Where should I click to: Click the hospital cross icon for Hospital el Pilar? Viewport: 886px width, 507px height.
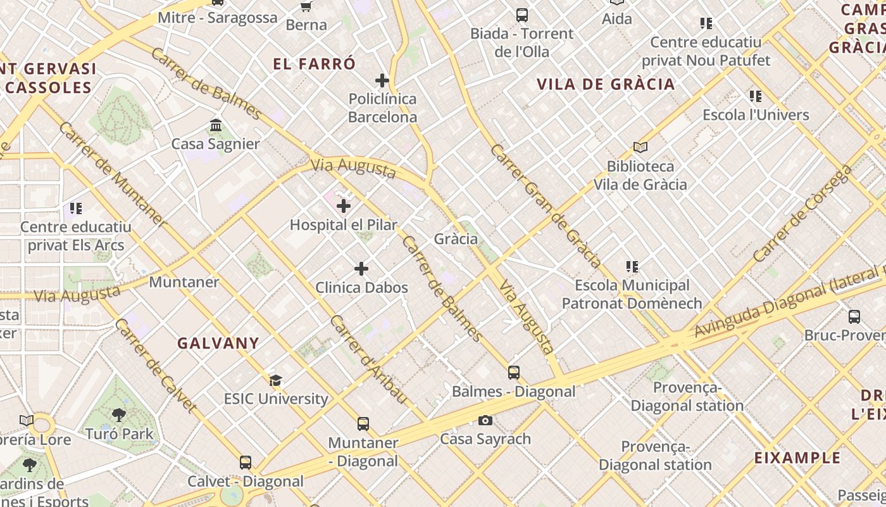[x=344, y=206]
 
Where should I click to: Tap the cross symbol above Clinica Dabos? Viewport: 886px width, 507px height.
[x=361, y=269]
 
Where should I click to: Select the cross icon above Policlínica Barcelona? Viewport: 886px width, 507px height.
[x=382, y=80]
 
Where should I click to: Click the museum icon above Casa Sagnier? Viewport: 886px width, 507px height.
[x=216, y=125]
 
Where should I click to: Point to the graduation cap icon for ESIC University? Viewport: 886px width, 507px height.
[x=275, y=380]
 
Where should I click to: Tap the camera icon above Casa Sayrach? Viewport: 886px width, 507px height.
[x=485, y=420]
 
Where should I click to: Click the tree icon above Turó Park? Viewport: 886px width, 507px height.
[x=118, y=415]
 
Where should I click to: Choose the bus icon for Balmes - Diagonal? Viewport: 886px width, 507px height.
[x=514, y=373]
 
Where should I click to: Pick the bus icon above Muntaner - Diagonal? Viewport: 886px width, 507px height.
[x=363, y=424]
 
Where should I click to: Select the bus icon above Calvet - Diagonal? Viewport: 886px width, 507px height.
[x=246, y=463]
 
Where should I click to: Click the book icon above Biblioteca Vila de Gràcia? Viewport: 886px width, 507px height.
[x=640, y=148]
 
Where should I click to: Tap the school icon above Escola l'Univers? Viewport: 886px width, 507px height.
[x=756, y=96]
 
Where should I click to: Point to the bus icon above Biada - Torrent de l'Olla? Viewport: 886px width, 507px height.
[x=522, y=15]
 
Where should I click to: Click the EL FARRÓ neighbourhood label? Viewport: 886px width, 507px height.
[x=315, y=64]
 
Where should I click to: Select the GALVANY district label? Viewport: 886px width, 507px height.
[x=218, y=343]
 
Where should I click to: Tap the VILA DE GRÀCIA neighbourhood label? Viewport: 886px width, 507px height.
[x=606, y=84]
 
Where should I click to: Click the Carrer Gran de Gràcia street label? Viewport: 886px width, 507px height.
[x=546, y=205]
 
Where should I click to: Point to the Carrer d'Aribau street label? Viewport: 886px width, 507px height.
[x=367, y=359]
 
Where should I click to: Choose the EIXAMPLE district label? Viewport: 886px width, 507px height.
[x=797, y=458]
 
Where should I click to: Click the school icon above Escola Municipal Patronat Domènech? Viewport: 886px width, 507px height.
[x=632, y=267]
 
